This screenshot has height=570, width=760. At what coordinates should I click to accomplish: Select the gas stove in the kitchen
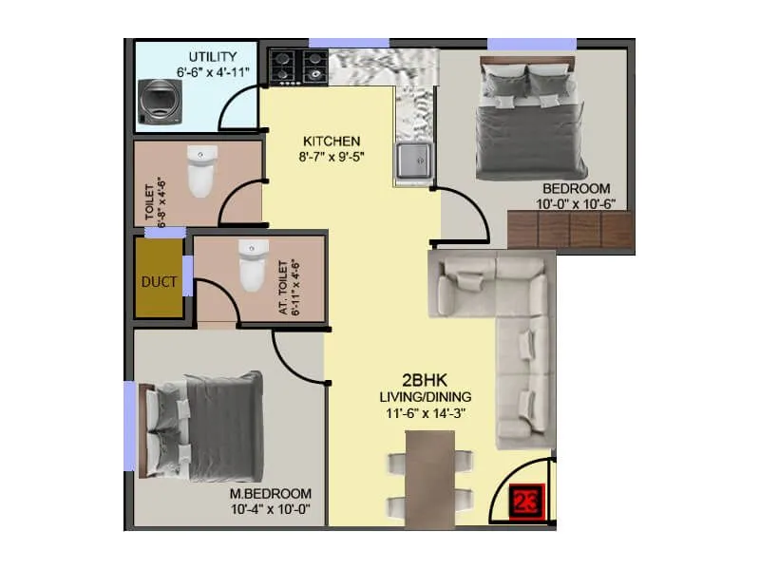pos(297,66)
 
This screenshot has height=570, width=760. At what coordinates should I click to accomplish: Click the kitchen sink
pos(413,162)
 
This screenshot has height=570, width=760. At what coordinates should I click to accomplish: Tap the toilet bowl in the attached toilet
pos(251,265)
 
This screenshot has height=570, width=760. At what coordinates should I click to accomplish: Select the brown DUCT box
pos(158,280)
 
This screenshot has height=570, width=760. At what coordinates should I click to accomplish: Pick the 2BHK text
pos(420,378)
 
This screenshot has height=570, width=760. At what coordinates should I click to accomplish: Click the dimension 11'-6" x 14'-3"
pos(419,412)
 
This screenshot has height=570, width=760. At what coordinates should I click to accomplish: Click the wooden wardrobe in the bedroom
pos(570,231)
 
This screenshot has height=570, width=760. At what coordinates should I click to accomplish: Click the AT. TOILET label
pos(289,287)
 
